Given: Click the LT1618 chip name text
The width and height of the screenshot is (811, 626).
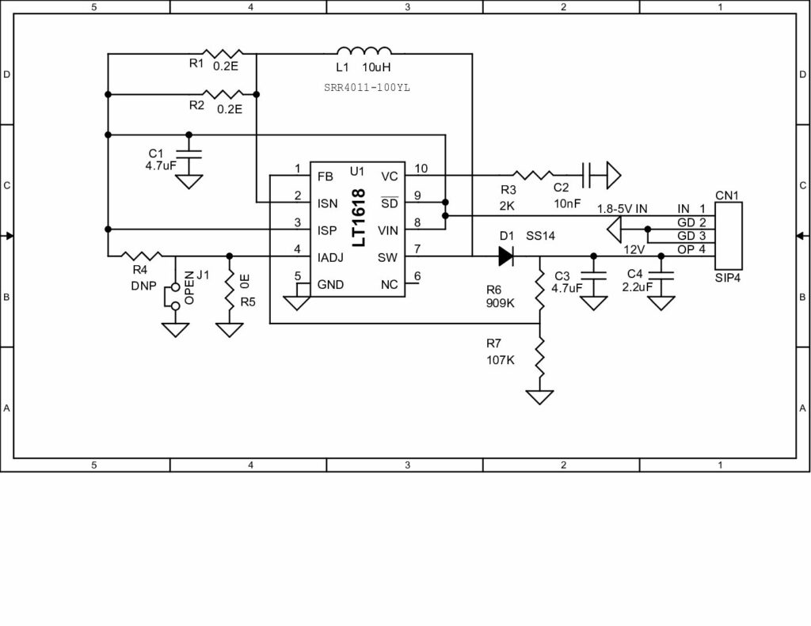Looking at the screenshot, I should tap(357, 218).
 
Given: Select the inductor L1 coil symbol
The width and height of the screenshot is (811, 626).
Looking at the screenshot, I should tap(364, 50).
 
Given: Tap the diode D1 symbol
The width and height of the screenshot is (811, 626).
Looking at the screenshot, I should tap(505, 256).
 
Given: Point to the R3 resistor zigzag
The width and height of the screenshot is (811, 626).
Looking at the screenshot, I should tap(534, 175).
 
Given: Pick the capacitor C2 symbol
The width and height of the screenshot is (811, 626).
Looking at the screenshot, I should tap(587, 175).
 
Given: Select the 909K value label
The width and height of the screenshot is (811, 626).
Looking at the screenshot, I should tap(501, 302).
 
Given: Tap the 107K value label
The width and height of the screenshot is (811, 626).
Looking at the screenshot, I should tap(501, 360).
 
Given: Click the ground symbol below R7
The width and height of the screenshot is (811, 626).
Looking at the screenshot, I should tap(539, 396).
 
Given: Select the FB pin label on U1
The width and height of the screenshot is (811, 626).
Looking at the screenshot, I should tap(325, 176).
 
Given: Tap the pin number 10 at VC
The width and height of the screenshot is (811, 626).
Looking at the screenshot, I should tap(421, 169).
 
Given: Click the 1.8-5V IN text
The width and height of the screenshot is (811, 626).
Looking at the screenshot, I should tap(622, 208).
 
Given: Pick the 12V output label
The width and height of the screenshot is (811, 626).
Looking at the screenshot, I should tap(634, 249).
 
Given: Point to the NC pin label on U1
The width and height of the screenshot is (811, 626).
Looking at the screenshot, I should tap(389, 284).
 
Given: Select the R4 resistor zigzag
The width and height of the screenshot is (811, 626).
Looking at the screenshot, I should tap(143, 256).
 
